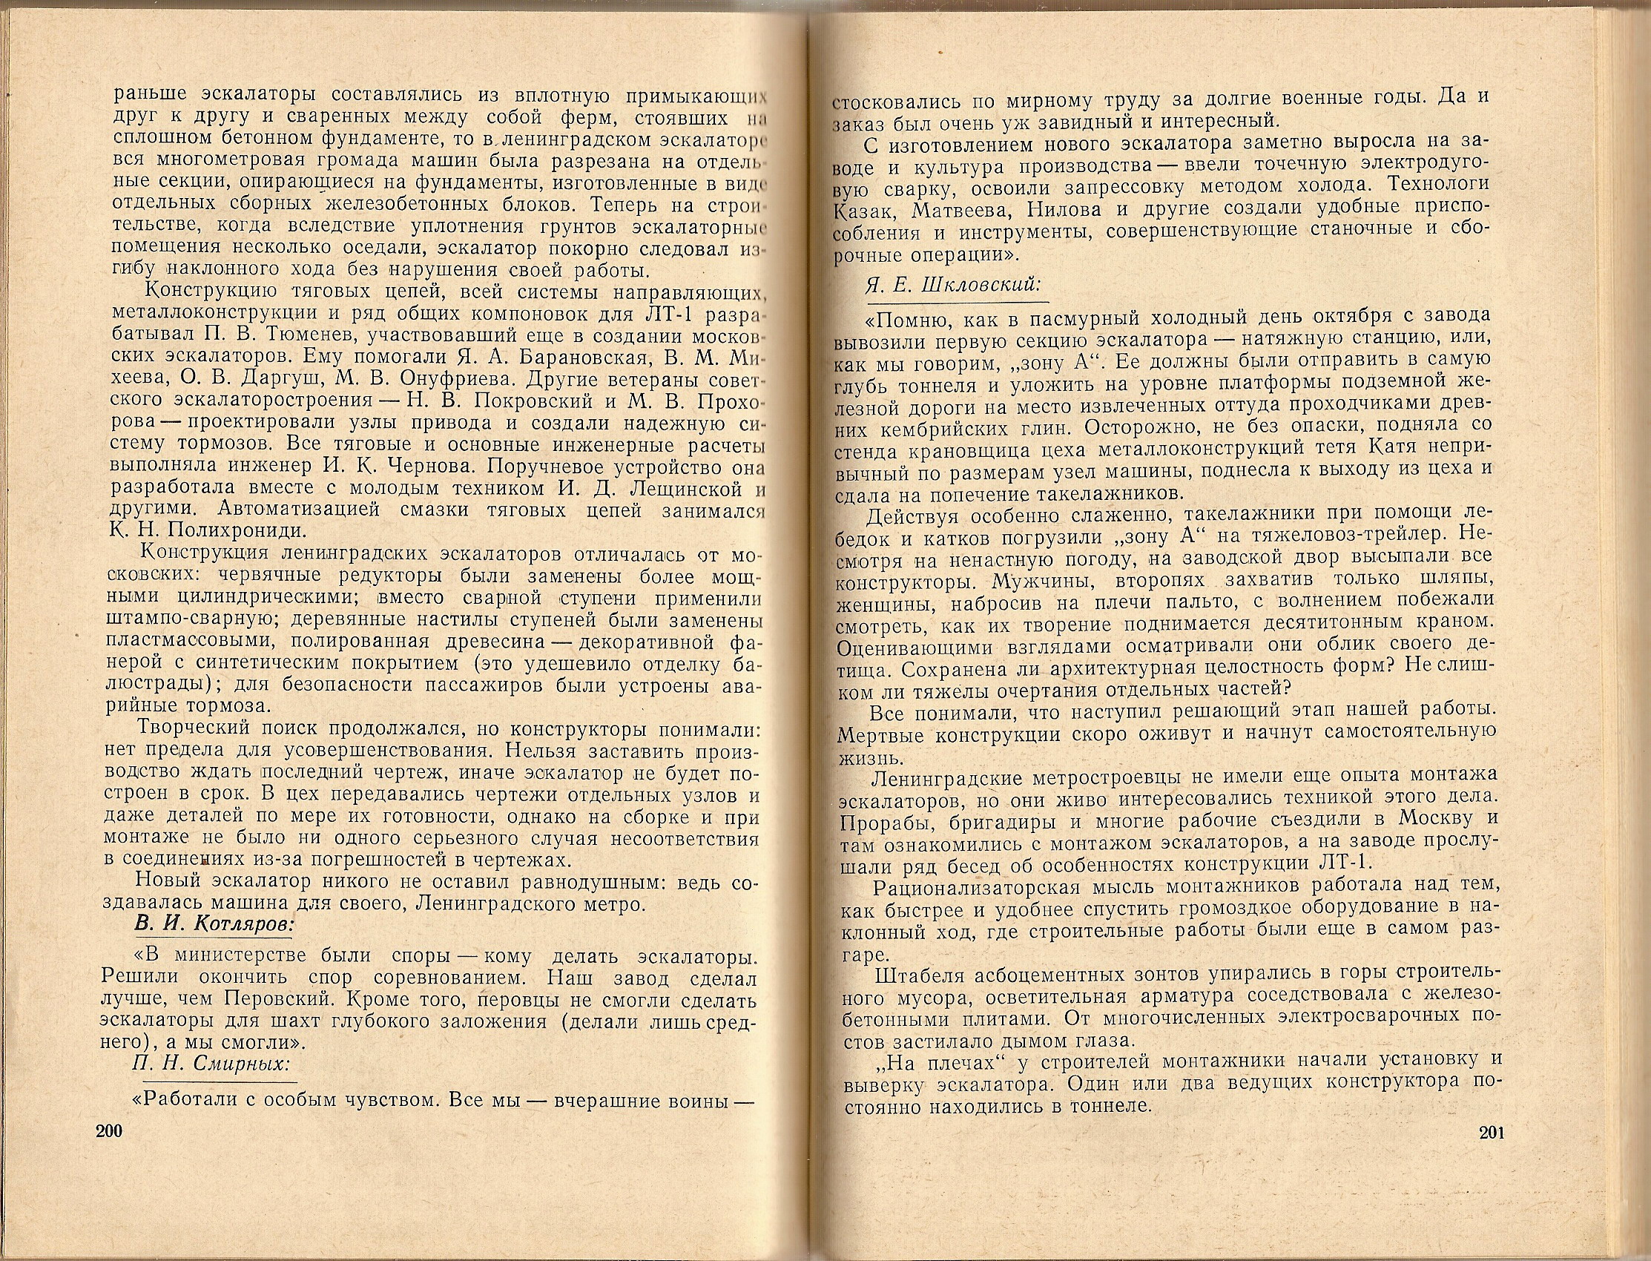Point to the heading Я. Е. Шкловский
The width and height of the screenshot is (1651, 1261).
pyautogui.click(x=953, y=286)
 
